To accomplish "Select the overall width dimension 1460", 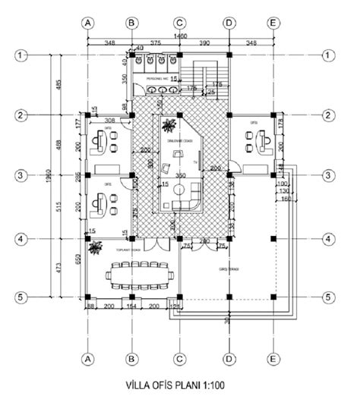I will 179,36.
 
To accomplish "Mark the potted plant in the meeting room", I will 94,247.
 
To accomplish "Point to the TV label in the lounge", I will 195,162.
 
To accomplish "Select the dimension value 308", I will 109,120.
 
